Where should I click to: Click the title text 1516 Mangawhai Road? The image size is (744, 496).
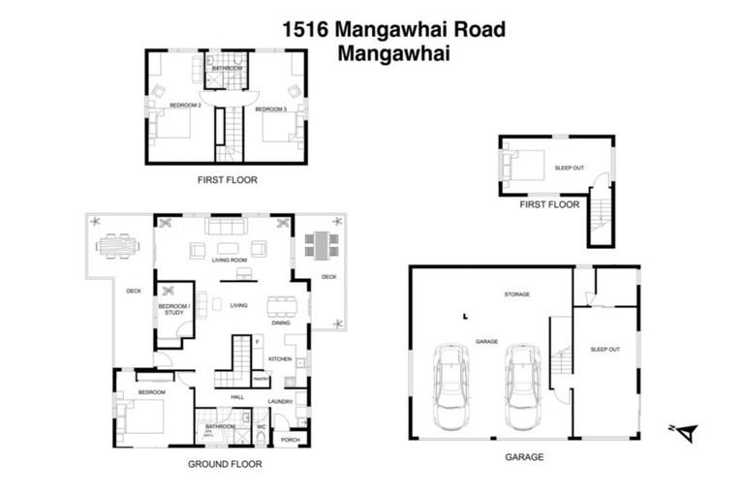pos(393,29)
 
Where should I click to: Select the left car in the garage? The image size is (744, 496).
pos(451,387)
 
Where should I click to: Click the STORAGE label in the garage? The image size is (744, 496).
pos(516,294)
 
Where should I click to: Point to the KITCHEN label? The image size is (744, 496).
pos(280,359)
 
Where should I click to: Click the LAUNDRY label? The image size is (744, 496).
pos(281,401)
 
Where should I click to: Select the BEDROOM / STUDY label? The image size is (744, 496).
pos(174,309)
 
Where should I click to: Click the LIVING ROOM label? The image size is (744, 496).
pos(230,261)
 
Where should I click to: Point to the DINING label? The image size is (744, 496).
pos(281,323)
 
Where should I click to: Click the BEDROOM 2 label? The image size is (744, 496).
pos(184,105)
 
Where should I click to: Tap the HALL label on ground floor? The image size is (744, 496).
pos(236,397)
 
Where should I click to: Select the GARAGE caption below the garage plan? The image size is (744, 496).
pos(523,456)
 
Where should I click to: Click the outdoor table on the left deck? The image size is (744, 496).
pos(117,246)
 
